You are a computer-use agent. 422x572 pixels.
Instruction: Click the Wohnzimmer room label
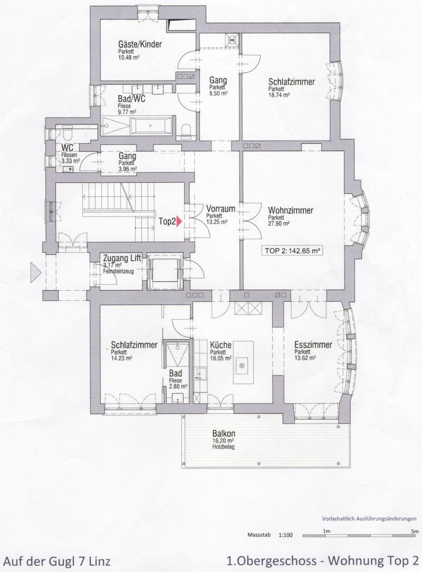pyautogui.click(x=291, y=211)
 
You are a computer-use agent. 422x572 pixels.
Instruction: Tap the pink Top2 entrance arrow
pyautogui.click(x=179, y=221)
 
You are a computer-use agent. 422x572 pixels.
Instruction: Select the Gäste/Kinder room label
pyautogui.click(x=140, y=44)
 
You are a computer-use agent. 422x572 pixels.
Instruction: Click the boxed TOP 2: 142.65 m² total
pyautogui.click(x=291, y=251)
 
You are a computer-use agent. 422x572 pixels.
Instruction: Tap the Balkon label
pyautogui.click(x=224, y=434)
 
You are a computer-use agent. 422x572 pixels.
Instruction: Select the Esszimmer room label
pyautogui.click(x=313, y=345)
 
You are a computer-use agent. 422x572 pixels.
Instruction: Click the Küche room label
pyautogui.click(x=220, y=345)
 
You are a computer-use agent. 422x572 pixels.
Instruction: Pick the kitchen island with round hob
pyautogui.click(x=243, y=362)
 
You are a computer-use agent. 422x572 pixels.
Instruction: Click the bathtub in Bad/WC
pyautogui.click(x=151, y=126)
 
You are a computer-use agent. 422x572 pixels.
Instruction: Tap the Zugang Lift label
pyautogui.click(x=122, y=259)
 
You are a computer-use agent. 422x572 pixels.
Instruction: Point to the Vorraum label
pyautogui.click(x=220, y=210)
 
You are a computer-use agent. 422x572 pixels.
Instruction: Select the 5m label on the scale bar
pyautogui.click(x=414, y=531)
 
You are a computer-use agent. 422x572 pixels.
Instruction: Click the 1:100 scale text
pyautogui.click(x=286, y=535)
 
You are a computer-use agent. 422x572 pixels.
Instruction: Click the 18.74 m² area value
pyautogui.click(x=279, y=95)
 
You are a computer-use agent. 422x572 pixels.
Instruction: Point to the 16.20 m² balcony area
pyautogui.click(x=223, y=441)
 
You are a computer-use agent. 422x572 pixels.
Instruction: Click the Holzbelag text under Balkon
pyautogui.click(x=223, y=447)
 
